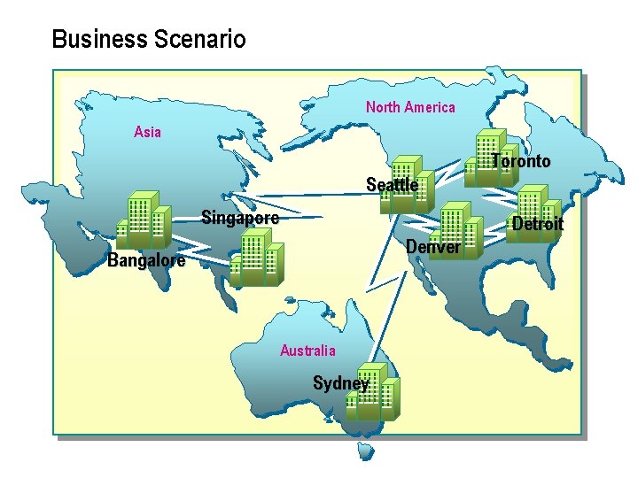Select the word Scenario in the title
(x=199, y=40)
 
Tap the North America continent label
(x=410, y=107)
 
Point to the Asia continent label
(x=147, y=132)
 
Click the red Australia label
(x=307, y=351)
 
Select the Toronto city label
(x=521, y=161)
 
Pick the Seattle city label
(x=392, y=185)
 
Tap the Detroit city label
(x=537, y=224)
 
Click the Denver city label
(x=432, y=247)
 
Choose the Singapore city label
(x=239, y=217)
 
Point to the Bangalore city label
(x=146, y=260)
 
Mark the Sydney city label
(x=340, y=383)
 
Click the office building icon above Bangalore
(x=143, y=220)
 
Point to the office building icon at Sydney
(x=373, y=391)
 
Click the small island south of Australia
(x=365, y=451)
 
